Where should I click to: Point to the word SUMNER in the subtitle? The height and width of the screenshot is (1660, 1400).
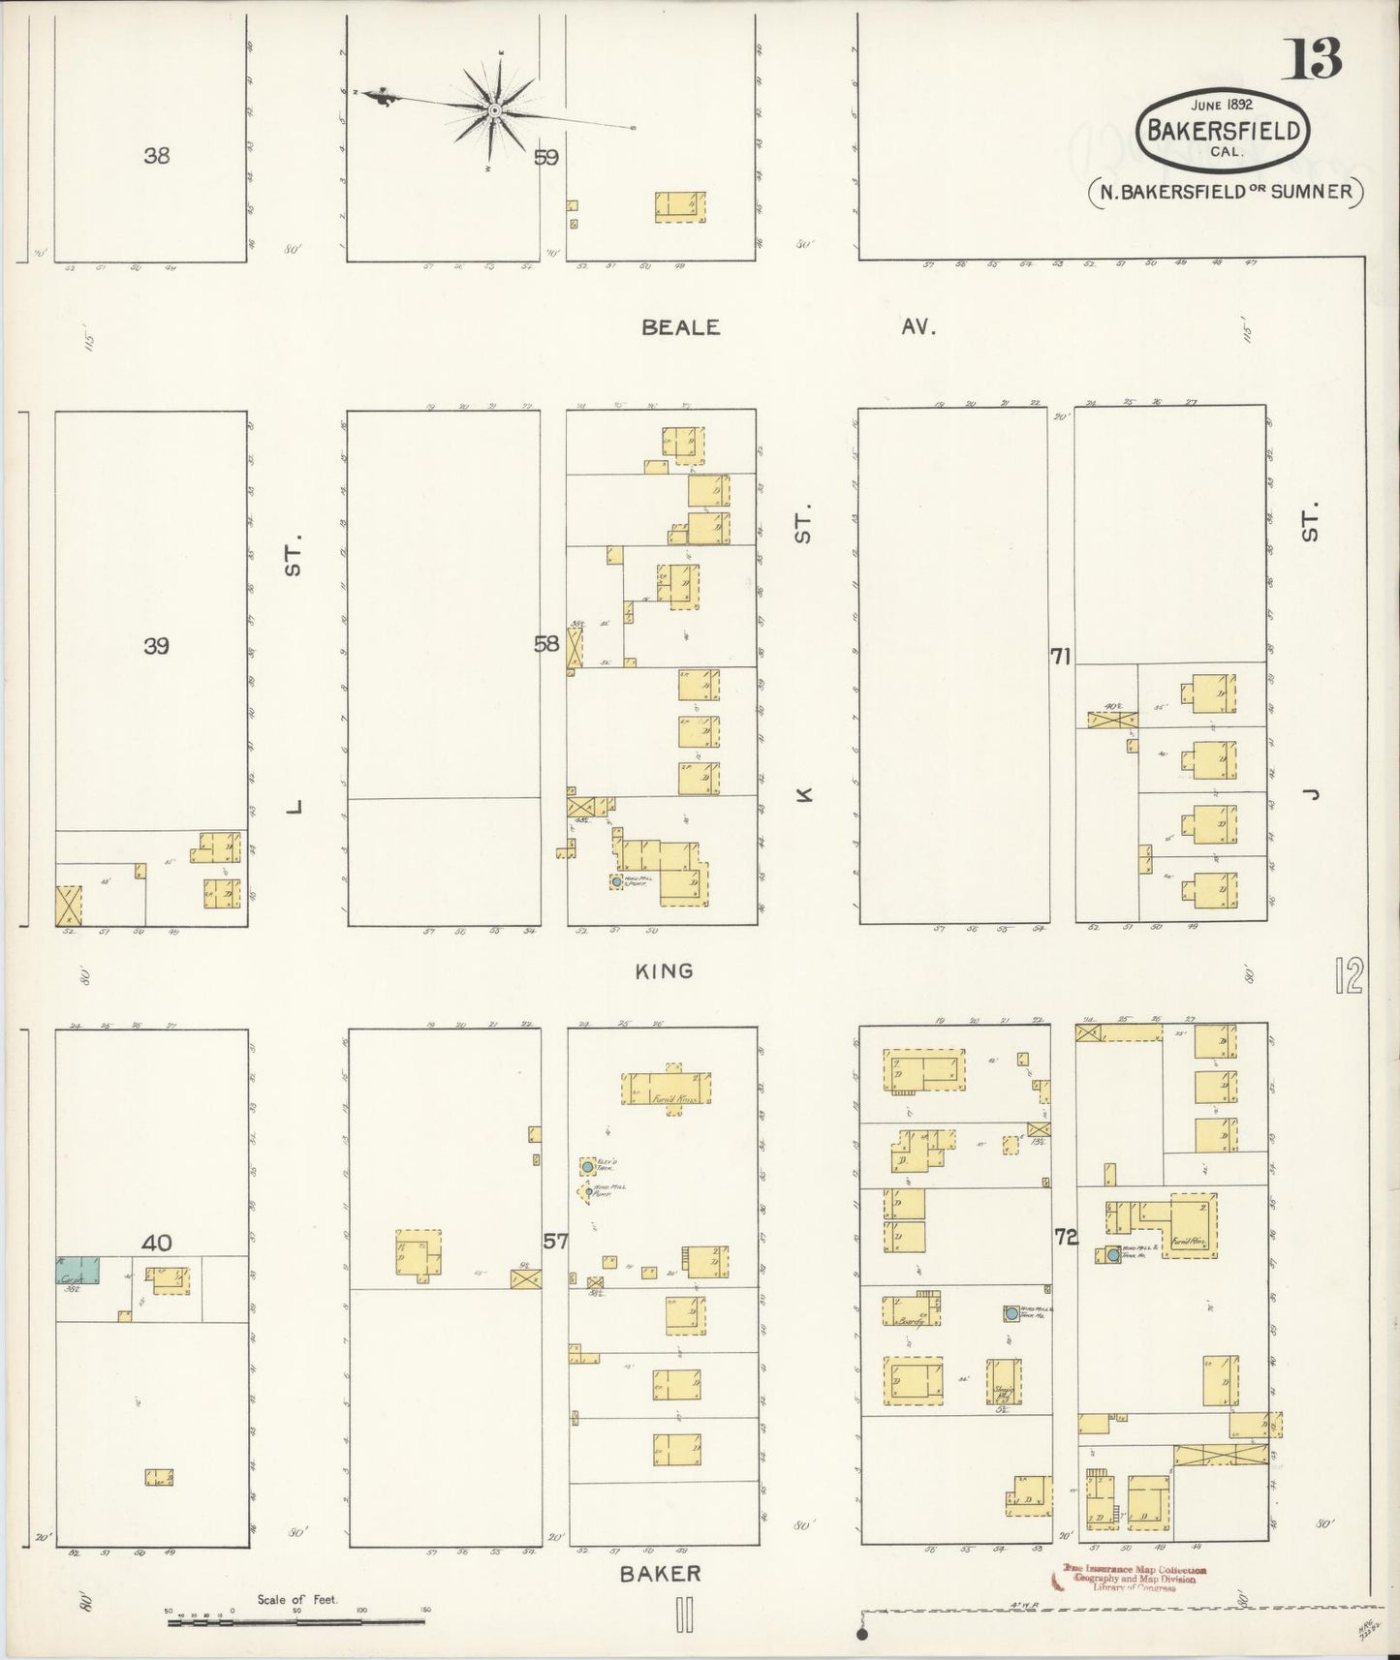point(1312,191)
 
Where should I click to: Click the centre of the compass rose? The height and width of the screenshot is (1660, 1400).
point(495,111)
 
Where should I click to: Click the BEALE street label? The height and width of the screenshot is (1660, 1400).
point(681,327)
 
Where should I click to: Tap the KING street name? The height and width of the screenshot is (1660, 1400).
point(665,970)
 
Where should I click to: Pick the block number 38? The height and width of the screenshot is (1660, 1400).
point(156,154)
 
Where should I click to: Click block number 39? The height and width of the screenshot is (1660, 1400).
point(156,645)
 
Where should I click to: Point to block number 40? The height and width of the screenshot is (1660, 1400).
point(156,1243)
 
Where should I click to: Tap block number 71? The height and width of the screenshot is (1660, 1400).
point(1060,657)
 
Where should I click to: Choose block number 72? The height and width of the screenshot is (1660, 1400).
point(1066,1237)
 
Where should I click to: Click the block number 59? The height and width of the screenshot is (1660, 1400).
point(546,157)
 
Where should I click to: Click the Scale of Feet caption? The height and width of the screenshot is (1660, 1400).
point(297,1600)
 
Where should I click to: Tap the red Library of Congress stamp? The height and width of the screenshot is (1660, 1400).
point(1135,1578)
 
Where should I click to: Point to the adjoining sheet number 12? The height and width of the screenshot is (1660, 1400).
point(1349,975)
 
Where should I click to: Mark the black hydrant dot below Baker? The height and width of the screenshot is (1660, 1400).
point(862,1634)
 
